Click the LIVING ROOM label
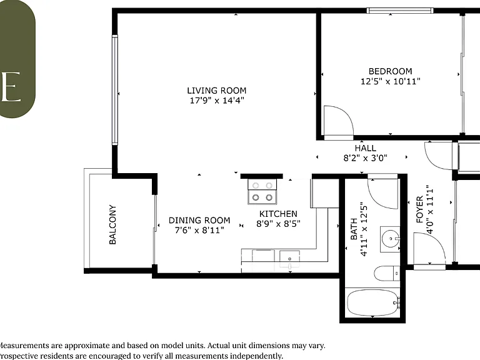217,91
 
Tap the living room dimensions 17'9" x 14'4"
217,101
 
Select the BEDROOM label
390,71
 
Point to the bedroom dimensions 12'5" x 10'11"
390,81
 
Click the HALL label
365,148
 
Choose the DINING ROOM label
199,221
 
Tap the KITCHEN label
278,214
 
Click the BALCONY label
112,224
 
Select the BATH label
354,229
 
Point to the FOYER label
420,209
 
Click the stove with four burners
262,192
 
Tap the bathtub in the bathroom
372,302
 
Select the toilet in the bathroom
387,273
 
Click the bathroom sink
390,239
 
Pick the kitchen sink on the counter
289,259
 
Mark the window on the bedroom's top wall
400,11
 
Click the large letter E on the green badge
11,87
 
